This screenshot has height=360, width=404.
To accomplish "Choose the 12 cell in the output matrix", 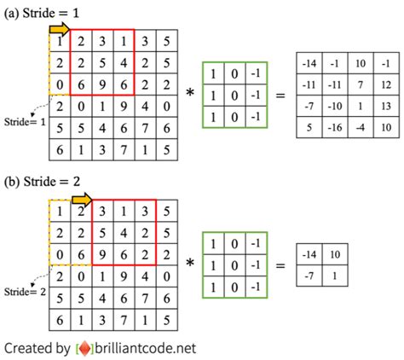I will click(387, 84).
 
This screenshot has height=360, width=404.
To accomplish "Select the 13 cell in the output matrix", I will click(387, 107).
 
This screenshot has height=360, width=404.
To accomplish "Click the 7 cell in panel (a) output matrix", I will click(361, 84).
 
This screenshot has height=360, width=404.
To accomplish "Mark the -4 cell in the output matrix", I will click(361, 129).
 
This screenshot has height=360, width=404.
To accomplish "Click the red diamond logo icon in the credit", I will click(85, 348).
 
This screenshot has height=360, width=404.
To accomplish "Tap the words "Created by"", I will click(38, 348).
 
